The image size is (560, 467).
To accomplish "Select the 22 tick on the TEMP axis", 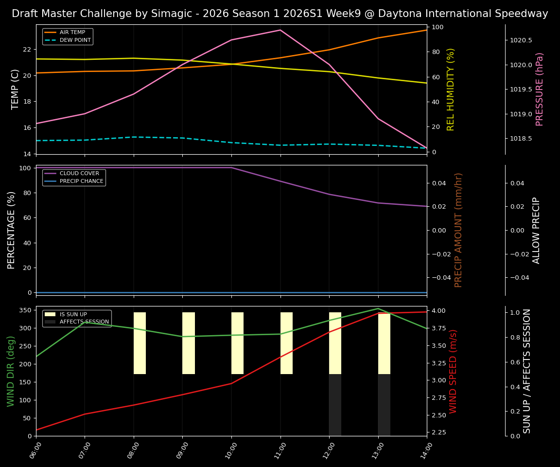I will tap(27, 50).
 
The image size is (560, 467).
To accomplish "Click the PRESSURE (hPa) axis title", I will tap(540, 89).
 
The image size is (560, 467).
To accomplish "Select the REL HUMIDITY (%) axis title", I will tap(451, 89).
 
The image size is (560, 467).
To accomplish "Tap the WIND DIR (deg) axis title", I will tap(11, 371).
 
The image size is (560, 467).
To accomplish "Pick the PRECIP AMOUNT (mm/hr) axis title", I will tap(458, 230).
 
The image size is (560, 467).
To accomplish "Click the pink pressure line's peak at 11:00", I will tap(280, 30).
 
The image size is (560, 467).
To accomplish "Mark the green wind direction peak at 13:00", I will tap(378, 308).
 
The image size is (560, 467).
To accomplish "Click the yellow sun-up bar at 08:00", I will tap(140, 343).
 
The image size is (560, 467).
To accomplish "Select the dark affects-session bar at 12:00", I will tap(335, 405).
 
